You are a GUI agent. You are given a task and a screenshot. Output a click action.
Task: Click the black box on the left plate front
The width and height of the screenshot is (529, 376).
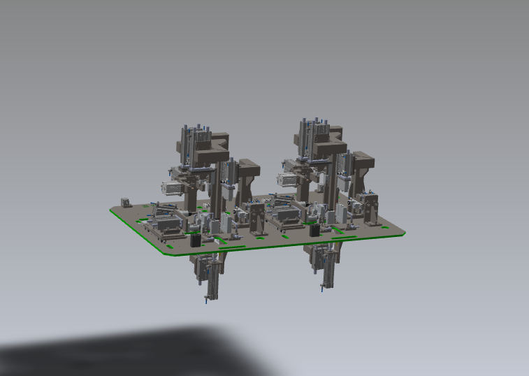point(196,240)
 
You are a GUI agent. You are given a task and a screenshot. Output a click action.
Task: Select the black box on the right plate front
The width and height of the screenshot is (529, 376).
point(314,231)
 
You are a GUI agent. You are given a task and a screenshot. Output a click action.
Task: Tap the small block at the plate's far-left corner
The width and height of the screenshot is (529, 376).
point(125,202)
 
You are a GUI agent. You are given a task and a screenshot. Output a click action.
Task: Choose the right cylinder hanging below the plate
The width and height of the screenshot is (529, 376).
point(325,266)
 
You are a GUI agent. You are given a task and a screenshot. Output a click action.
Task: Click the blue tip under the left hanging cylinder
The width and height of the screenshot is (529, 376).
point(206,301)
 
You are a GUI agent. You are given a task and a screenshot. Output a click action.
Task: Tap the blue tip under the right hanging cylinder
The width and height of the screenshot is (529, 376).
point(322,290)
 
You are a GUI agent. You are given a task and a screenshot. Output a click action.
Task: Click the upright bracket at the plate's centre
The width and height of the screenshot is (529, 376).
point(257,217)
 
